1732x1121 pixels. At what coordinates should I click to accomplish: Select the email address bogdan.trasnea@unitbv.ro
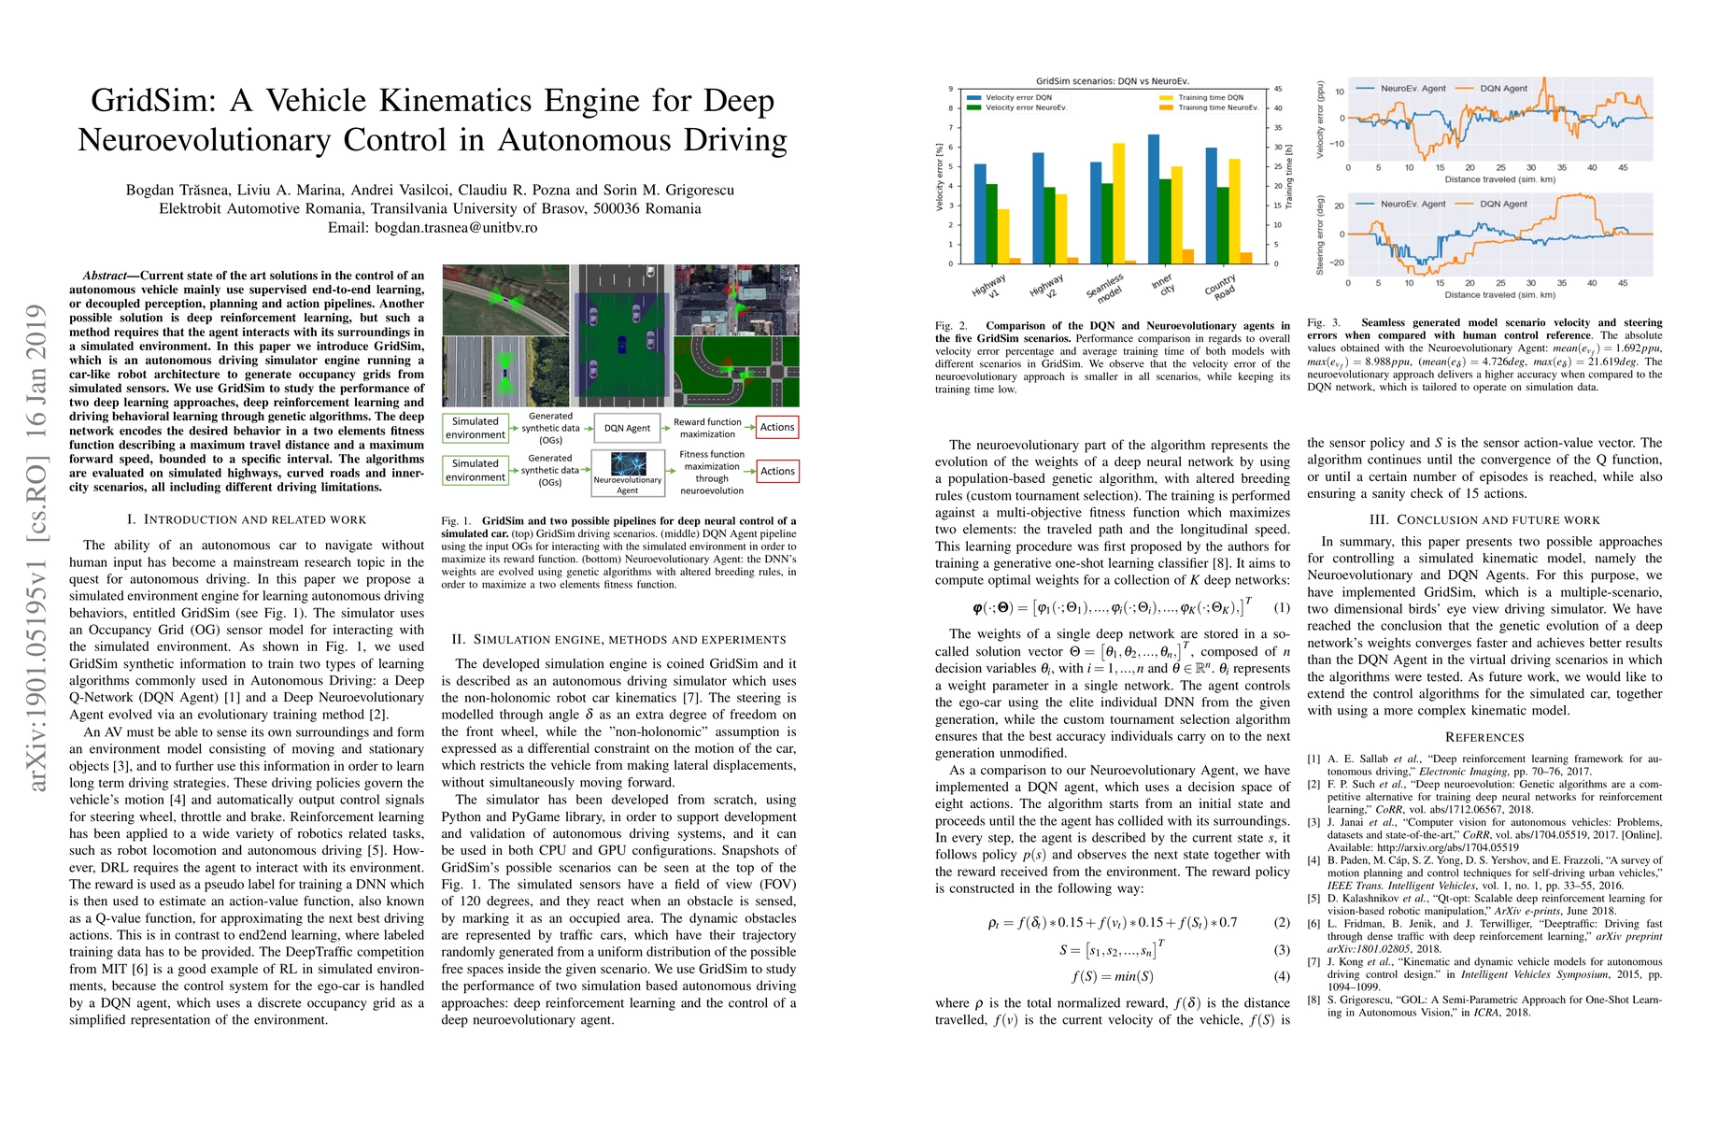pyautogui.click(x=456, y=227)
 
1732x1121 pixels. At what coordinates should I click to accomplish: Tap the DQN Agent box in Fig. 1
pyautogui.click(x=627, y=428)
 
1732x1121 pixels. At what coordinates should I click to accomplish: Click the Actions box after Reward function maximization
pyautogui.click(x=777, y=427)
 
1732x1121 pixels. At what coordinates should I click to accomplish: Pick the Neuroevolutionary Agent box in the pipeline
pyautogui.click(x=627, y=472)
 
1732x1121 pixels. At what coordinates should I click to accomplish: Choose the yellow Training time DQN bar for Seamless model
pyautogui.click(x=1119, y=203)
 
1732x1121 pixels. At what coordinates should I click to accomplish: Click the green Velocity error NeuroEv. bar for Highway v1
pyautogui.click(x=991, y=223)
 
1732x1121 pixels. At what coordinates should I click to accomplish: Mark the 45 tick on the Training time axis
pyautogui.click(x=1278, y=90)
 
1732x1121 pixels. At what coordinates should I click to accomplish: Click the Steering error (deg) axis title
pyautogui.click(x=1320, y=234)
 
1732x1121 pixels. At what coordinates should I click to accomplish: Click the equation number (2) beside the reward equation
pyautogui.click(x=1282, y=922)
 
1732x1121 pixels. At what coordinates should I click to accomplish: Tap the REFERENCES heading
pyautogui.click(x=1484, y=737)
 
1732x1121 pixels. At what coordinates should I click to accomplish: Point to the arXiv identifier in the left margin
pyautogui.click(x=37, y=547)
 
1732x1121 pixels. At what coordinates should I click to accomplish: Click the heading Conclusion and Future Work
pyautogui.click(x=1484, y=519)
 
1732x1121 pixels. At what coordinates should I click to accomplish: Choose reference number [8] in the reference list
pyautogui.click(x=1313, y=1000)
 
